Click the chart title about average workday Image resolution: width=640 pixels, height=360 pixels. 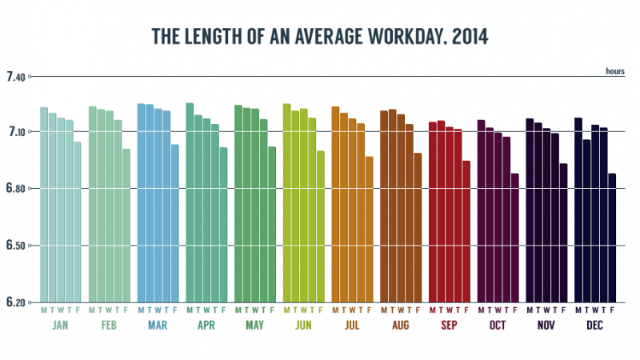point(320,37)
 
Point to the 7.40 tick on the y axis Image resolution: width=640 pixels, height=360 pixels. point(16,77)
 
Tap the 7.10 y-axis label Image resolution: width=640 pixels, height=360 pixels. point(16,131)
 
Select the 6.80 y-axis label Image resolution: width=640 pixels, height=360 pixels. point(16,189)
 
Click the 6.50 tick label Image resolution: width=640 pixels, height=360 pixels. point(16,246)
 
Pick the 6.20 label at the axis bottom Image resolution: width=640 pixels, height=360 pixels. point(16,302)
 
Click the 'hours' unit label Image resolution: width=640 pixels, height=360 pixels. point(614,71)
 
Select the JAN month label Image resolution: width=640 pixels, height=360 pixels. point(60,326)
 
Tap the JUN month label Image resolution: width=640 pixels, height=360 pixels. point(304,326)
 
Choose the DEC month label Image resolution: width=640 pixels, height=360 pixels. point(595,326)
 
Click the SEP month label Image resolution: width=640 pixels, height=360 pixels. point(450,326)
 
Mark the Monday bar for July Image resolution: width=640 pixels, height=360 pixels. point(335,205)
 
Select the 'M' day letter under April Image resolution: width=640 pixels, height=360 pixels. point(190,310)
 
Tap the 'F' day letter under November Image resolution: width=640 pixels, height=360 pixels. point(564,310)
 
